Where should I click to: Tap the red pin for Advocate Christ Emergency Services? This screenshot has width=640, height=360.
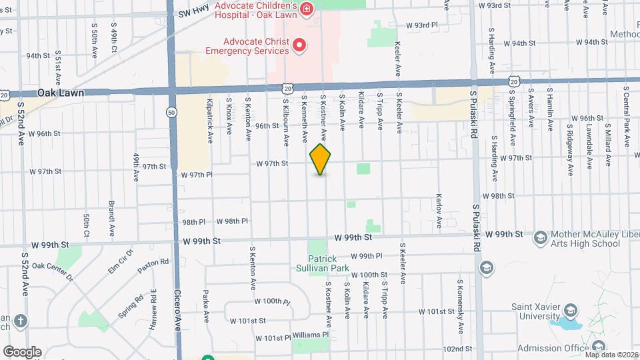coord(300,45)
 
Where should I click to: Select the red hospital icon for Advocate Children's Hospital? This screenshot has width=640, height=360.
coord(307,9)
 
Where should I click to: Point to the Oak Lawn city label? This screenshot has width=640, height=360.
coord(61,93)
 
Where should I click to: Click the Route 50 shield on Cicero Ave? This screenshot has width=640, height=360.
coord(172,113)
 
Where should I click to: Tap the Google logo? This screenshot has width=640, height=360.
coord(22,351)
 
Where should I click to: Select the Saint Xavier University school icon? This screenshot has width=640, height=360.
coord(570,310)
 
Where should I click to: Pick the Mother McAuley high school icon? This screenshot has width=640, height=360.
coord(540,237)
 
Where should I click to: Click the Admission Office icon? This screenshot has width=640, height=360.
coord(598,346)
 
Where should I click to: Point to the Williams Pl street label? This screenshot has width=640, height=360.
coord(311,335)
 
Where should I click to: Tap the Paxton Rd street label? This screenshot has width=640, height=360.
coord(154,265)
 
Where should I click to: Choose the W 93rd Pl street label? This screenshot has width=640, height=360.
coord(422,25)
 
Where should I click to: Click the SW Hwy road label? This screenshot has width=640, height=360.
coord(194,13)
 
